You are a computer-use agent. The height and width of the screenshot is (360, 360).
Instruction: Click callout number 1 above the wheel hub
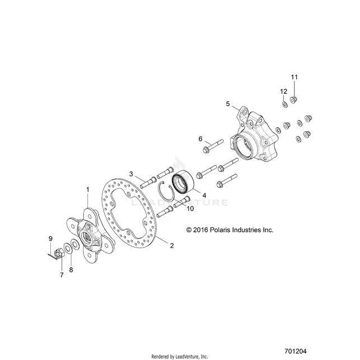pos(87,190)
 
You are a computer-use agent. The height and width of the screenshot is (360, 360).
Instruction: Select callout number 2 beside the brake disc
pos(172,245)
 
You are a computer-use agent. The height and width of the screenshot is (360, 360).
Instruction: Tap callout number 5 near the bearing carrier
pos(227,104)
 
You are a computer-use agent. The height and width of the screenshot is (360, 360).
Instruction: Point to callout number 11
pos(294,77)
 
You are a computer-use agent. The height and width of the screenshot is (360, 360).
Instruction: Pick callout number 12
pos(283,91)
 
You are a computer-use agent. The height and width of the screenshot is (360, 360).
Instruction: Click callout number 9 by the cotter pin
pos(50,239)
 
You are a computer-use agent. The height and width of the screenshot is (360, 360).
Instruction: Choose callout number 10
pos(190,208)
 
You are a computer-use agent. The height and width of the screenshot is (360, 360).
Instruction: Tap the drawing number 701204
pos(296,351)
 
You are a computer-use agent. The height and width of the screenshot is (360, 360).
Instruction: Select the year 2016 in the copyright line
pos(200,230)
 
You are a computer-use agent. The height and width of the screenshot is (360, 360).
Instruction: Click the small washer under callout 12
pos(284,105)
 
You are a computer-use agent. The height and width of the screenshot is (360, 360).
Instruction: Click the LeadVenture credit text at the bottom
pos(180,357)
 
